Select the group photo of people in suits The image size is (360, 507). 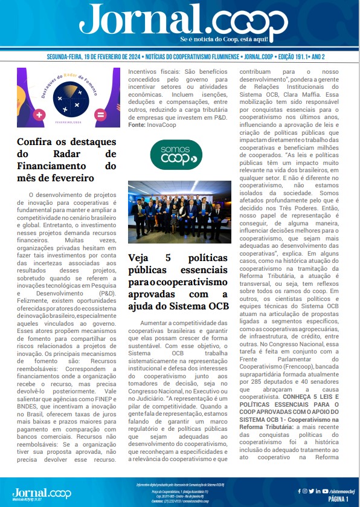coord(179,212)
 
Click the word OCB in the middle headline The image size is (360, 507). coord(218,306)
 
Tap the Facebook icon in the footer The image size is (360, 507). coord(300,491)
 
